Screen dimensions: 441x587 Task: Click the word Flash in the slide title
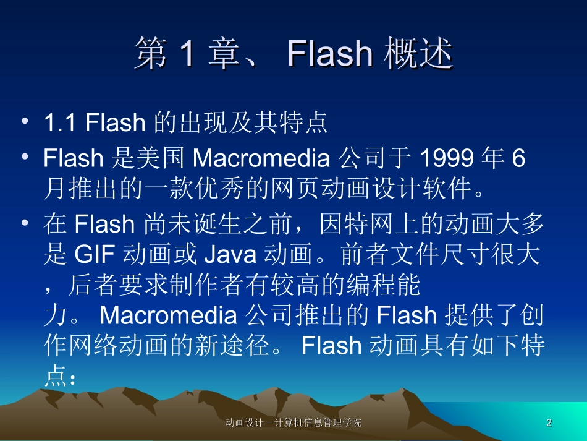(x=329, y=54)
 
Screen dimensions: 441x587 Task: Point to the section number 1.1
(x=61, y=123)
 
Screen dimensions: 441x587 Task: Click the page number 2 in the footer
(x=549, y=423)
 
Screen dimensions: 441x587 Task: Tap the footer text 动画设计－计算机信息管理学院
(x=293, y=423)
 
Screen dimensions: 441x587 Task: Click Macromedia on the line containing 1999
(x=261, y=159)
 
